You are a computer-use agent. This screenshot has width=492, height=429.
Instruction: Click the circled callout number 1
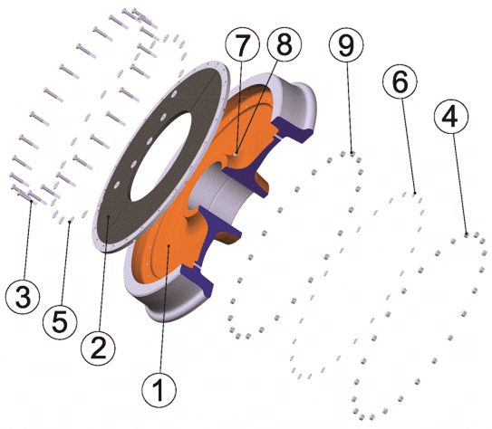(159, 390)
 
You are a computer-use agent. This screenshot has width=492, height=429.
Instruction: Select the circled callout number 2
(98, 348)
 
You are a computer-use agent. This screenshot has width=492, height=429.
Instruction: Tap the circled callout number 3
(23, 296)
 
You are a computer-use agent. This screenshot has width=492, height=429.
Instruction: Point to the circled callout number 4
(451, 116)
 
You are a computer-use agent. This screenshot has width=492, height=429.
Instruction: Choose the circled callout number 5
(60, 322)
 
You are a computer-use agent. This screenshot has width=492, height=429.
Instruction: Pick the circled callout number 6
(400, 81)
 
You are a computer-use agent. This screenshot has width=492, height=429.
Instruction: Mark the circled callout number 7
(243, 44)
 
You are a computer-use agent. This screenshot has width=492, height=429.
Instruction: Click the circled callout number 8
(285, 44)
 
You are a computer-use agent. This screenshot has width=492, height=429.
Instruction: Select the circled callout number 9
(346, 44)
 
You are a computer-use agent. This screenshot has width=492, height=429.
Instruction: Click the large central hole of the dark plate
(160, 157)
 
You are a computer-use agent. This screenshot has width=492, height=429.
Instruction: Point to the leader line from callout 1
(164, 310)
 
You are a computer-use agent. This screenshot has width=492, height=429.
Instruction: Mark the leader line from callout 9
(350, 107)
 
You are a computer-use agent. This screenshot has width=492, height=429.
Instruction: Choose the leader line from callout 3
(27, 240)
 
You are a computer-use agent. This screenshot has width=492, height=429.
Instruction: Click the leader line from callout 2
(104, 273)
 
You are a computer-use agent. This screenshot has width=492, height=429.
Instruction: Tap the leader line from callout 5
(65, 263)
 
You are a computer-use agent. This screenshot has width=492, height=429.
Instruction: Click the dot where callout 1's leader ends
(169, 246)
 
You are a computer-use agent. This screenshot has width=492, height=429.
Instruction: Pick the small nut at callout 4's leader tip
(467, 234)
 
